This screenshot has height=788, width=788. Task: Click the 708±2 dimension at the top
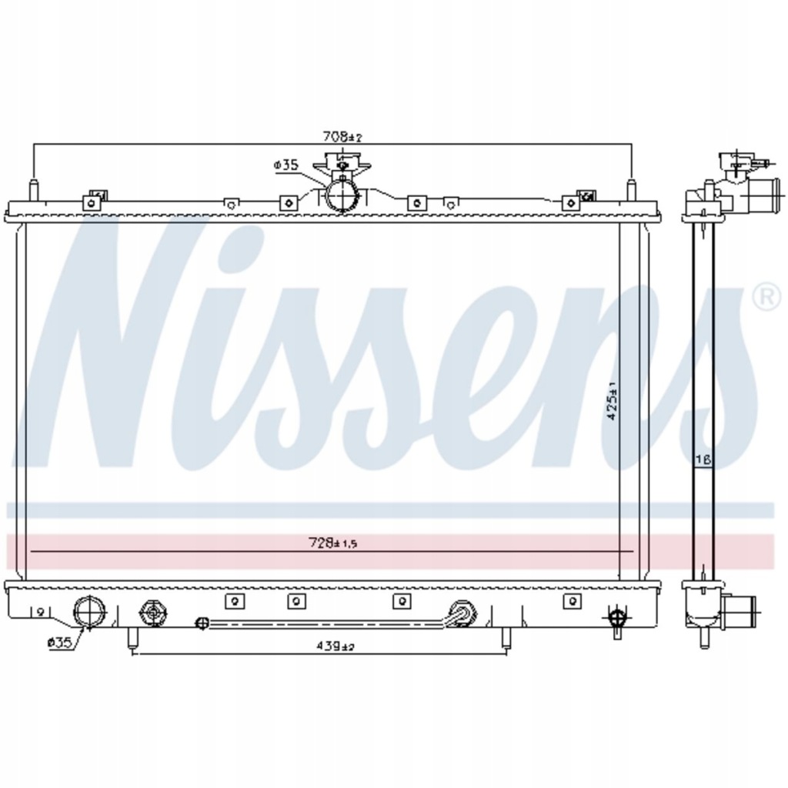341,137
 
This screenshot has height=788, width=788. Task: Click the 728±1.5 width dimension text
334,543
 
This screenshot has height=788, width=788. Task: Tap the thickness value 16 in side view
703,460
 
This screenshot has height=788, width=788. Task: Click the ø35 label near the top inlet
285,165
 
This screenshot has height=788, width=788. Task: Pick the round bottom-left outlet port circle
88,613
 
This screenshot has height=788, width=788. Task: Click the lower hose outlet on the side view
740,612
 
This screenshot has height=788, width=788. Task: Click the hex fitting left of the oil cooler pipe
154,613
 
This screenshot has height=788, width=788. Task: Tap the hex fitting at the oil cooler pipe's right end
462,612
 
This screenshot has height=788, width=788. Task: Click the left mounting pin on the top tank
33,190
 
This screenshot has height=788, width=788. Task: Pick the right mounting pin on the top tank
631,190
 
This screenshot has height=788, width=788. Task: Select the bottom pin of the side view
703,638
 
